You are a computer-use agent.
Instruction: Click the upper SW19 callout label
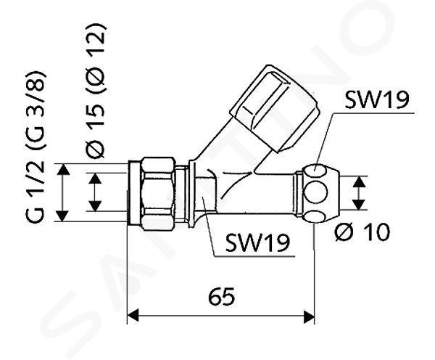376,99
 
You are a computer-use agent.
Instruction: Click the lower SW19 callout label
257,242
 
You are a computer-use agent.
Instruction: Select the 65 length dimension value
221,296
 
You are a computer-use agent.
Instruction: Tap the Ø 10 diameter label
362,232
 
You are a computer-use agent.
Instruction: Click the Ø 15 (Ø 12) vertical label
96,91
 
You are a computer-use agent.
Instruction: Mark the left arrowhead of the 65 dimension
133,316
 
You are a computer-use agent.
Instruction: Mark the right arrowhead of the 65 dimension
309,316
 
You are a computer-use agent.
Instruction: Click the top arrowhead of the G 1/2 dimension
64,169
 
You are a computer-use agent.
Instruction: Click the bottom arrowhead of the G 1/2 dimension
64,216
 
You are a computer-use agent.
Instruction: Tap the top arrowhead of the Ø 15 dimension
95,179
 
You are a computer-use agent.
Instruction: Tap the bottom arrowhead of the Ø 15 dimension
95,206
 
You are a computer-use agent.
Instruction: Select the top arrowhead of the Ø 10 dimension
360,181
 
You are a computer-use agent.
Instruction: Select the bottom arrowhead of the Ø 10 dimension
360,205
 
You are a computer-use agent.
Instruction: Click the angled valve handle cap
275,108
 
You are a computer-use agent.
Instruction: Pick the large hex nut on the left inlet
158,194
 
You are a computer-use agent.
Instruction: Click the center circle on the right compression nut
315,193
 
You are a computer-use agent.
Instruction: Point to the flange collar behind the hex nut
192,194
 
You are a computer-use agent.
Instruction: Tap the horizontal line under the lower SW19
254,255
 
